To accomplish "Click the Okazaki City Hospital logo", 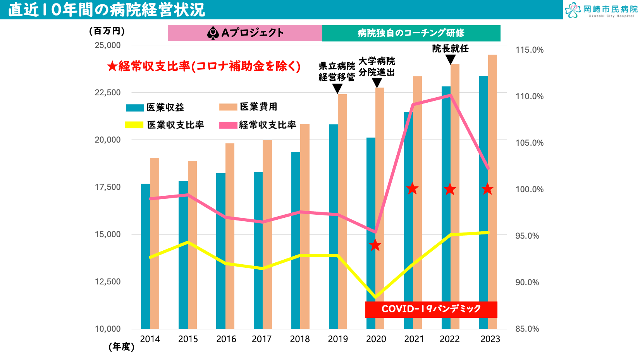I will click(x=601, y=10).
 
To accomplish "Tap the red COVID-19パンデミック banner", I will click(x=431, y=309).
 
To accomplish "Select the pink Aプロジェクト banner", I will click(x=245, y=33).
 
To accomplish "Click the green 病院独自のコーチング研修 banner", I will click(x=411, y=33).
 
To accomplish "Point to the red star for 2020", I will click(x=375, y=245).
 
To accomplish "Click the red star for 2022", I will click(x=450, y=189).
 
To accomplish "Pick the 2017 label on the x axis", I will click(x=262, y=339).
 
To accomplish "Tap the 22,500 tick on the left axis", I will click(x=108, y=93).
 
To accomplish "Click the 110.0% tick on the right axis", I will click(x=529, y=96).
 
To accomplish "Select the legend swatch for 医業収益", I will click(x=135, y=108).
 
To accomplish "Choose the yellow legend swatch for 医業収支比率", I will click(x=134, y=125).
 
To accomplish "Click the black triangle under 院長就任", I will click(x=450, y=59).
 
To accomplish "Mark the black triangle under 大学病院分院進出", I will click(x=377, y=83).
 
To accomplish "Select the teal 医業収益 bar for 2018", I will click(x=296, y=240).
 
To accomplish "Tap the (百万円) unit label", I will click(x=107, y=31).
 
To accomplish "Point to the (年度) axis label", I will click(x=122, y=347).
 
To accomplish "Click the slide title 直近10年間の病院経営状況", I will click(x=107, y=10).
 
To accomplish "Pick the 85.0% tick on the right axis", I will click(x=527, y=329).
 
